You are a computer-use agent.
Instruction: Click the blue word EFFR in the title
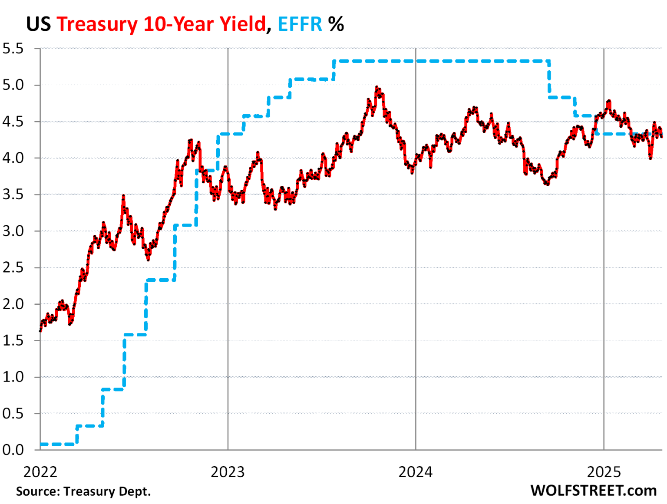click(x=300, y=24)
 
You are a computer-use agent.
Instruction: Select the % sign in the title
click(x=336, y=24)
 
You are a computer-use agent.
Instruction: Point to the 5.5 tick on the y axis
click(x=13, y=48)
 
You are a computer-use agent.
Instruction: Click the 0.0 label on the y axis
click(x=13, y=450)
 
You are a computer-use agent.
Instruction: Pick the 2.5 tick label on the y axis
click(x=13, y=267)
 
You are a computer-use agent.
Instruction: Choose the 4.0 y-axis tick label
click(x=13, y=158)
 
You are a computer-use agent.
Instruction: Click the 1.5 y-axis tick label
click(x=13, y=340)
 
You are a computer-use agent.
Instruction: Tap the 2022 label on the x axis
click(x=40, y=472)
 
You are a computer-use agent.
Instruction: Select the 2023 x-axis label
click(x=228, y=472)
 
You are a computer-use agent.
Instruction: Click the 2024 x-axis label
click(x=416, y=472)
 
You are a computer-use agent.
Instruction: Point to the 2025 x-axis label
click(x=604, y=472)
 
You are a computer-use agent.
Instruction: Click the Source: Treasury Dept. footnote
click(x=83, y=491)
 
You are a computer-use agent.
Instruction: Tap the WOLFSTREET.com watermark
click(x=593, y=491)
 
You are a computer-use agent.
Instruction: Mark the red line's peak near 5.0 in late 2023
click(x=377, y=87)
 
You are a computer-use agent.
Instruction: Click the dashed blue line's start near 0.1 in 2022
click(x=41, y=444)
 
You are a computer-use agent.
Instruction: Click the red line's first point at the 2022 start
click(x=40, y=331)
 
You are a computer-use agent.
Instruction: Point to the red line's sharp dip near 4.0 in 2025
click(x=650, y=158)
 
